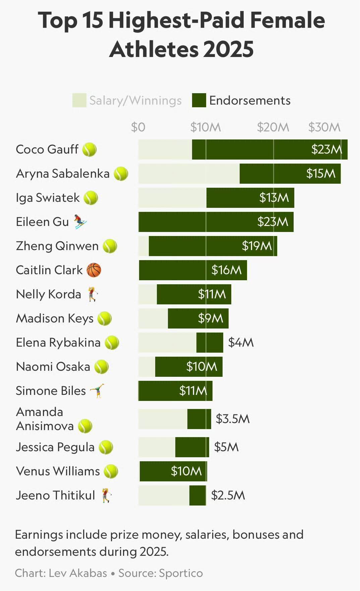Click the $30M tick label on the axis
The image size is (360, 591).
324,127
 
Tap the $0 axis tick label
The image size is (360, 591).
138,127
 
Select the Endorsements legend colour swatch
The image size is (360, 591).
199,101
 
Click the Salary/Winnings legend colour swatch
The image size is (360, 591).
79,101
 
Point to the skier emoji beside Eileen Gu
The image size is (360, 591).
80,222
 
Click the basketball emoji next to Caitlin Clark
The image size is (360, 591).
94,270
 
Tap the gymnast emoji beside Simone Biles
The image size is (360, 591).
97,391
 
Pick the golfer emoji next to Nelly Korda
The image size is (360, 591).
93,294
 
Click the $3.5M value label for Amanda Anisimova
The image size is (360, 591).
233,419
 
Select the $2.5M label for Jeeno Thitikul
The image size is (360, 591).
228,495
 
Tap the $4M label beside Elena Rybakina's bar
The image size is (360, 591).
241,342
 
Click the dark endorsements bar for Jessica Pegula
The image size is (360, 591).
192,447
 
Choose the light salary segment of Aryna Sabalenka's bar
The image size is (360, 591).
189,174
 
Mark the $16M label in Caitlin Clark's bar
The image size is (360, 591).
226,270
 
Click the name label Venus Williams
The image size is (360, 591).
58,471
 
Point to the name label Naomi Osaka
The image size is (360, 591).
53,366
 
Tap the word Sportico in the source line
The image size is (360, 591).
181,573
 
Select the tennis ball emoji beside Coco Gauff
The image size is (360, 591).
89,150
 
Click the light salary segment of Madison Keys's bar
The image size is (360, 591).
153,318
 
